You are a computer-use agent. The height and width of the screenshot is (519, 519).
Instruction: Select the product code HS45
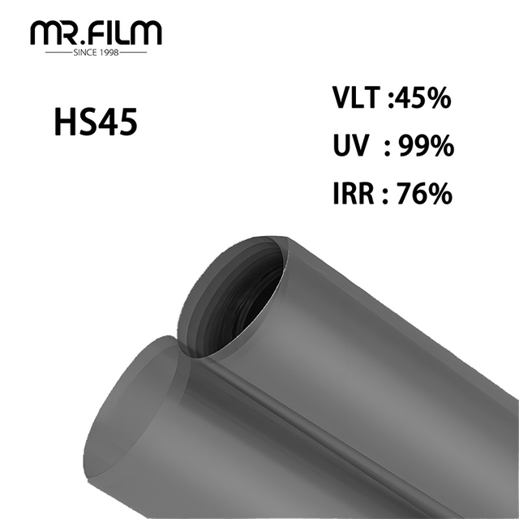click(96, 123)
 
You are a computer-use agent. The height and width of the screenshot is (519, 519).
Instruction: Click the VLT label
click(355, 101)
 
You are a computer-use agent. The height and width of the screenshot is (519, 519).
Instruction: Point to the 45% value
click(423, 101)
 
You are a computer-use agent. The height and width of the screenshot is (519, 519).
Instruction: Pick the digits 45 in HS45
click(118, 123)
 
